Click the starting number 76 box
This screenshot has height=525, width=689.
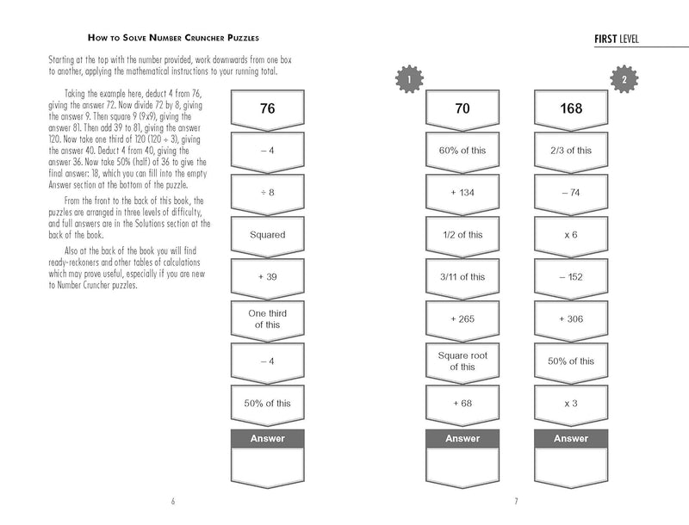(266, 109)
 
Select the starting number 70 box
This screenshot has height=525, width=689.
(462, 109)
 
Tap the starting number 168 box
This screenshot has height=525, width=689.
(570, 109)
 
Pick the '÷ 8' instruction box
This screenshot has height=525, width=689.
(266, 192)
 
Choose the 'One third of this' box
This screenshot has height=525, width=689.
(266, 318)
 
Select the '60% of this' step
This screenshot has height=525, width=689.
(462, 151)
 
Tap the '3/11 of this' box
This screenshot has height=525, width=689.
(462, 276)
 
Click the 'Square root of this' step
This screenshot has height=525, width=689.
(462, 361)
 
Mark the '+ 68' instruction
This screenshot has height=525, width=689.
(462, 402)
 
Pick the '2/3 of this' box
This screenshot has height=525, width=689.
(570, 151)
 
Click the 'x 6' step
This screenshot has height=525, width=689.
(570, 234)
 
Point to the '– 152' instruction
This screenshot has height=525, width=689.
(570, 276)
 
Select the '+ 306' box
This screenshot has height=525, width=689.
(570, 318)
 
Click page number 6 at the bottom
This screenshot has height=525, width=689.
(173, 502)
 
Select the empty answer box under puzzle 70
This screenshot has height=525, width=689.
(462, 466)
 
